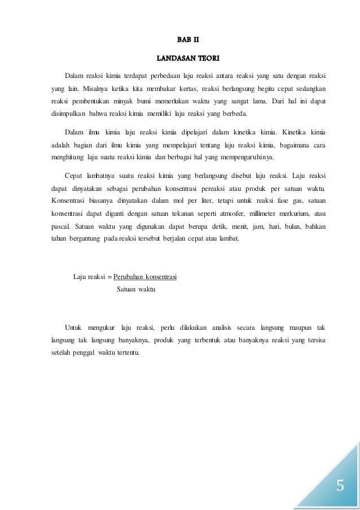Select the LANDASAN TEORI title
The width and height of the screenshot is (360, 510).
pos(180,58)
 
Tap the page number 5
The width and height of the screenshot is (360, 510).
pos(339,486)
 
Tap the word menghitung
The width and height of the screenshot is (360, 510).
pos(63,158)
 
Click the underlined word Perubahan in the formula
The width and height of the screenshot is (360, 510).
pos(127,277)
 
